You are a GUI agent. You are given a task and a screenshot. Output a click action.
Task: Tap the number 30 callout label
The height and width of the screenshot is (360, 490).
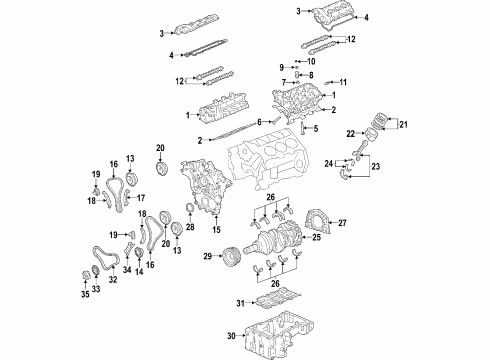point(229,336)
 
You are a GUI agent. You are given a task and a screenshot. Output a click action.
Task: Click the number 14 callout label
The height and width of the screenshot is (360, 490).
point(139,270)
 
